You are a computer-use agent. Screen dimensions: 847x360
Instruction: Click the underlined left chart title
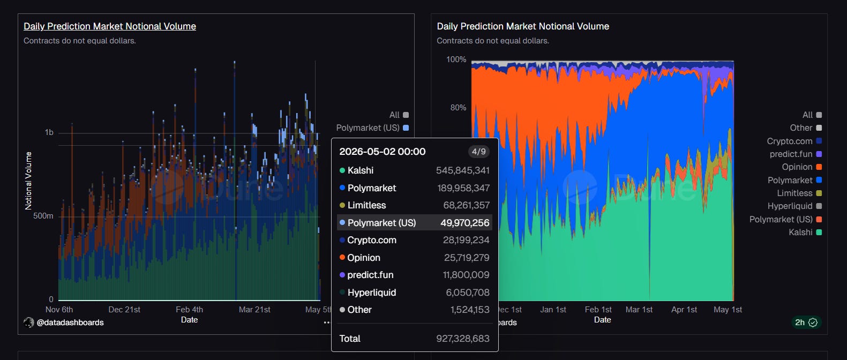coord(110,26)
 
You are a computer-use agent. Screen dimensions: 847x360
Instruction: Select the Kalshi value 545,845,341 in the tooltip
coord(462,170)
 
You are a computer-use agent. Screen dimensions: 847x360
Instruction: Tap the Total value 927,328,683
coord(462,339)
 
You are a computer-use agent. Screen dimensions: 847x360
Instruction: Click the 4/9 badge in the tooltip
coord(478,152)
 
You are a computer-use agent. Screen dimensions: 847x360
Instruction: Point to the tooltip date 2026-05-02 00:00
coord(383,152)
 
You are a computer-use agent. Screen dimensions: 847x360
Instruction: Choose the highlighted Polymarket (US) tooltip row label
coord(381,223)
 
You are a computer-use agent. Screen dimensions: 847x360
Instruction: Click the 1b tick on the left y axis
coord(49,132)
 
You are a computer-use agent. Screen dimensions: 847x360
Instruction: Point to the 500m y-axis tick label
coord(43,216)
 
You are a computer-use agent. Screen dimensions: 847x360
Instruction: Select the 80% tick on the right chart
coord(458,108)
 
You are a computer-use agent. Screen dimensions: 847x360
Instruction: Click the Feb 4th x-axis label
coord(189,309)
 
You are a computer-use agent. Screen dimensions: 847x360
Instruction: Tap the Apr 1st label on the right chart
coord(684,309)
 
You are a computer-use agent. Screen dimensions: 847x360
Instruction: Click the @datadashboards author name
coord(70,322)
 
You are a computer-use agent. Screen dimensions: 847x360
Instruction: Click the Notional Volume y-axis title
coord(28,181)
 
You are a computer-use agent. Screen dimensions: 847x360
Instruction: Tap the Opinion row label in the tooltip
coord(363,258)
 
